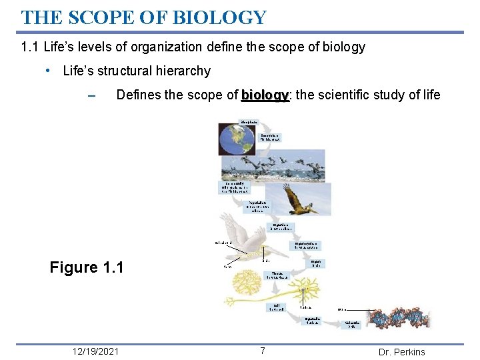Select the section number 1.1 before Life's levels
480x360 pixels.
coord(29,47)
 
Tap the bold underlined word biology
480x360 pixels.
coord(265,95)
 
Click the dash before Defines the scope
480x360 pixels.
coord(92,95)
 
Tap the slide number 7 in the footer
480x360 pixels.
coord(263,351)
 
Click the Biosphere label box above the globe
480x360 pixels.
coord(250,122)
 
